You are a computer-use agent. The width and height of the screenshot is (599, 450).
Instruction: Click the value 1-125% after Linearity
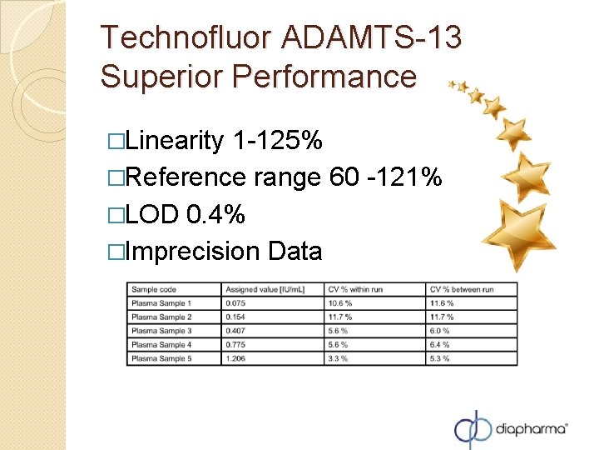tap(279, 142)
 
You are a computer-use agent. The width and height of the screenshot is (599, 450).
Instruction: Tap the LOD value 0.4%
tap(216, 214)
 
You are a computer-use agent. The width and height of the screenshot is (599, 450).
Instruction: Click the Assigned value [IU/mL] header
tap(265, 289)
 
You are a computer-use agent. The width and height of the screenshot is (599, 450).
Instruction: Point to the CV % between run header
tap(462, 289)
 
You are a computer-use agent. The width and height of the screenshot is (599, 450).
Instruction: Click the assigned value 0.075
tap(235, 303)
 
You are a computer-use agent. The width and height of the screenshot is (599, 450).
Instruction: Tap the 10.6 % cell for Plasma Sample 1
tap(340, 303)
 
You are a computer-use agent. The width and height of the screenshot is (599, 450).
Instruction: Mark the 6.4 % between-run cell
tap(441, 344)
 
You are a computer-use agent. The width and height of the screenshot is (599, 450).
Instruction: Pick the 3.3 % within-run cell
tap(339, 358)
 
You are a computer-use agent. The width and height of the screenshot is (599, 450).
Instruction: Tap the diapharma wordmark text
tap(532, 428)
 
